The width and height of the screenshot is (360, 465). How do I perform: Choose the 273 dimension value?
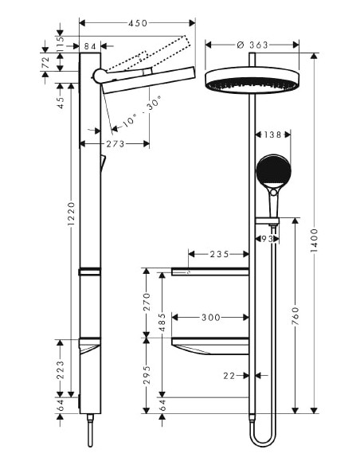click(x=115, y=144)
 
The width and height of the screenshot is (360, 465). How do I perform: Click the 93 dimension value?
click(x=266, y=238)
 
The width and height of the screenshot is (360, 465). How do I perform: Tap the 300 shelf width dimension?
click(x=210, y=318)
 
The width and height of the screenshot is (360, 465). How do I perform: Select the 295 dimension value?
click(x=145, y=374)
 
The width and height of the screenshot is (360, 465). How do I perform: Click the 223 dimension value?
click(x=60, y=367)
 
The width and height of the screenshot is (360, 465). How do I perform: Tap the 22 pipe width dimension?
click(x=229, y=375)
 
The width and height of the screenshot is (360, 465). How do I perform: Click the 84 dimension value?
click(x=89, y=47)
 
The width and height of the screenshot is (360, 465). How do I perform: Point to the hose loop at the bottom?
click(x=260, y=439)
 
